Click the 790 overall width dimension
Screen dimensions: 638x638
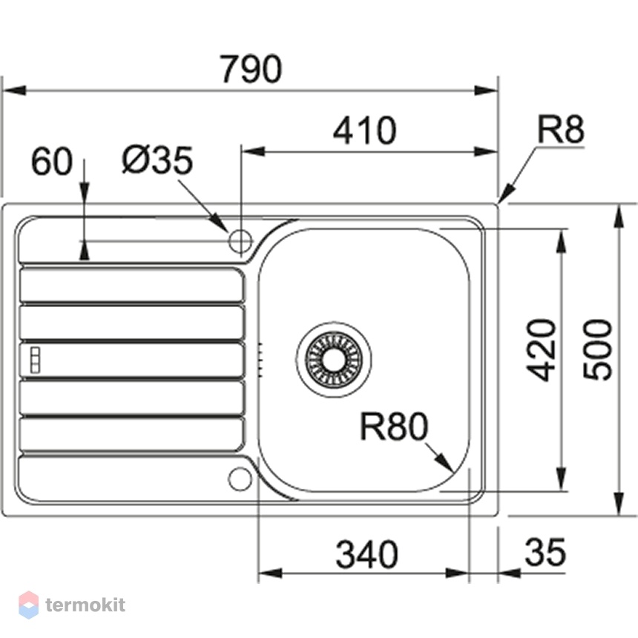[251, 69]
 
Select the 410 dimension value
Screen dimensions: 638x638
[364, 131]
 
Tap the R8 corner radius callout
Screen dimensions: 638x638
[560, 128]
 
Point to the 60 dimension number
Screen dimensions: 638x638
[52, 161]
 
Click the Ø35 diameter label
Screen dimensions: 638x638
[157, 160]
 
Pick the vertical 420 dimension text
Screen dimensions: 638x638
[541, 350]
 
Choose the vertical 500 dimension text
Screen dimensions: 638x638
[597, 350]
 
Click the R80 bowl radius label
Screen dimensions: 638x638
[394, 427]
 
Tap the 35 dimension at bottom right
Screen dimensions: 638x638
[545, 552]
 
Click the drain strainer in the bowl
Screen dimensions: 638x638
[334, 359]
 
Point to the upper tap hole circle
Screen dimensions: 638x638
[240, 241]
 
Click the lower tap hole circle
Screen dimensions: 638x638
[240, 479]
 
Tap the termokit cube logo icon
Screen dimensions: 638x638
[28, 605]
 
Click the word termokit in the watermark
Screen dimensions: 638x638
[85, 605]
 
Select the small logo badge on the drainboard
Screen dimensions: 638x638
[36, 360]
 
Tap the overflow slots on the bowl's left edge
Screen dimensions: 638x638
[260, 360]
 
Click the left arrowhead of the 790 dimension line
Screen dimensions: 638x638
[14, 91]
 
